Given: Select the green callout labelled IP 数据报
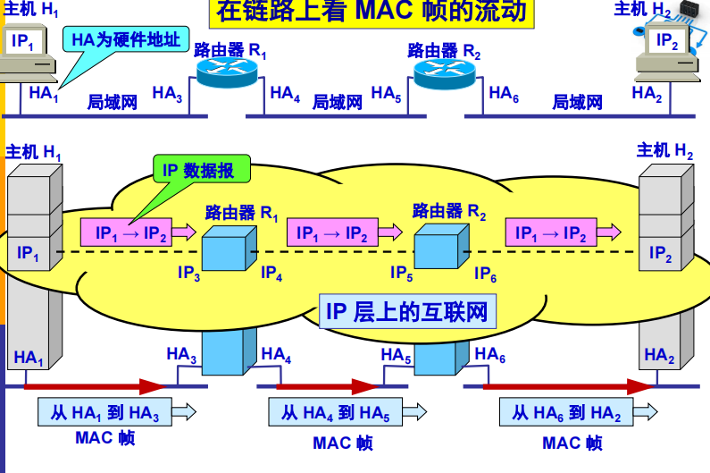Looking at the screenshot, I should pos(201,170).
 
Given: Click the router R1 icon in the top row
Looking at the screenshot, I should pos(226,71).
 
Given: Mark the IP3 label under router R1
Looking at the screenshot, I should pos(188,273).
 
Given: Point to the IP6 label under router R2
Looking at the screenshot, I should pos(485,273).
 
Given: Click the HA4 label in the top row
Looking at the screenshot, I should pos(285,93).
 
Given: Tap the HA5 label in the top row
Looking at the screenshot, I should pos(387,93).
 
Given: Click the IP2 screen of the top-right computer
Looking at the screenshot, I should pos(666,40).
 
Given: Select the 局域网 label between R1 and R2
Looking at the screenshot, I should pos(338,102).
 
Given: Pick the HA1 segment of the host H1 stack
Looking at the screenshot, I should pos(29,358).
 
